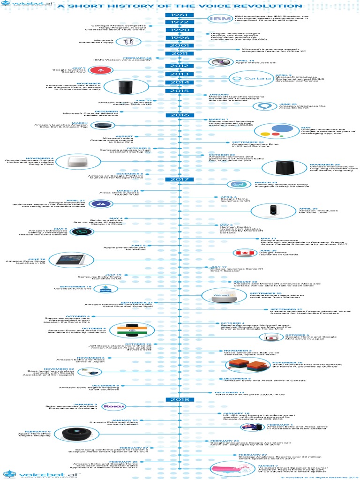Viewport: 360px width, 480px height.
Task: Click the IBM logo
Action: (x=219, y=18)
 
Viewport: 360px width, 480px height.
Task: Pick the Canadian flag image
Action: (x=244, y=253)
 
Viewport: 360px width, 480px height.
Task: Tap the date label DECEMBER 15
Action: (x=229, y=392)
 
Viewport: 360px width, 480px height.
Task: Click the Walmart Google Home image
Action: (x=220, y=295)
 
